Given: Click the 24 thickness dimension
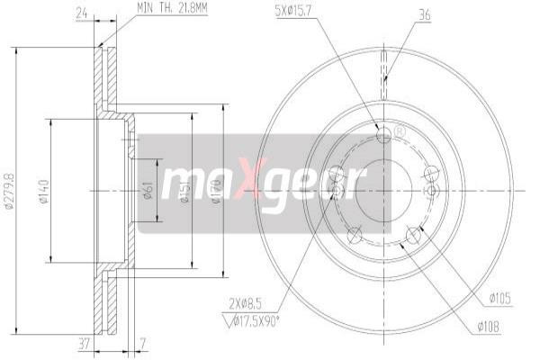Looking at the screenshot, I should point(82,13).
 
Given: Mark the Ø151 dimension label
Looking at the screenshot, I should point(184,191).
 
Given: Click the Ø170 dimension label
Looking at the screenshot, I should point(216,191).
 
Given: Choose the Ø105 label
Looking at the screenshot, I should point(501,296).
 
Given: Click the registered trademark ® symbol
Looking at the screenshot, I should point(399,132).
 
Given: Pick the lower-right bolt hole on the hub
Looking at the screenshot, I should point(413,236).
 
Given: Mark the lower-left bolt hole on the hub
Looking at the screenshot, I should point(355,236).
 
